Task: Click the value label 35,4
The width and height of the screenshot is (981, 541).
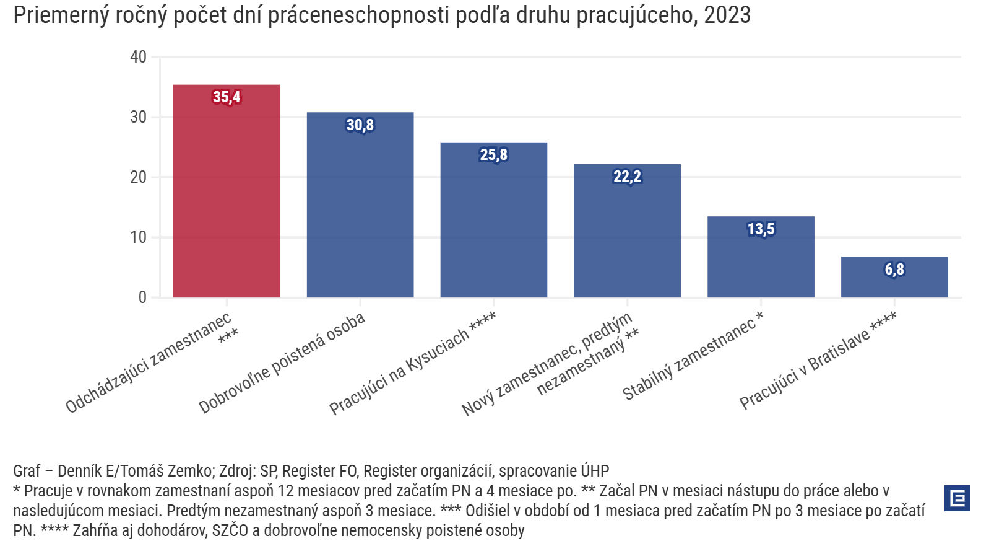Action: click(x=227, y=97)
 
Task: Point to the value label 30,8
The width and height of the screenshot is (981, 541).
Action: click(x=360, y=125)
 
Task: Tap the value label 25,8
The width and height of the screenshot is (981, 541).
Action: click(x=494, y=155)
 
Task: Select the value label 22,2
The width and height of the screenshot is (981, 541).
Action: click(x=627, y=177)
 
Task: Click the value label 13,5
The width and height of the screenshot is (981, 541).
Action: click(x=761, y=229)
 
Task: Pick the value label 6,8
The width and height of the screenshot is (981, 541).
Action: click(x=894, y=270)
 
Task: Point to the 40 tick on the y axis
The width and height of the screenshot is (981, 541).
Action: click(x=138, y=57)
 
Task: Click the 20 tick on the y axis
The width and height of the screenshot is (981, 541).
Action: click(x=138, y=177)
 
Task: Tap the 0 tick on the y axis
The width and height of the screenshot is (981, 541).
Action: click(x=142, y=297)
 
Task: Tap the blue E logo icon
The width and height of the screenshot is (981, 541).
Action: click(x=957, y=498)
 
